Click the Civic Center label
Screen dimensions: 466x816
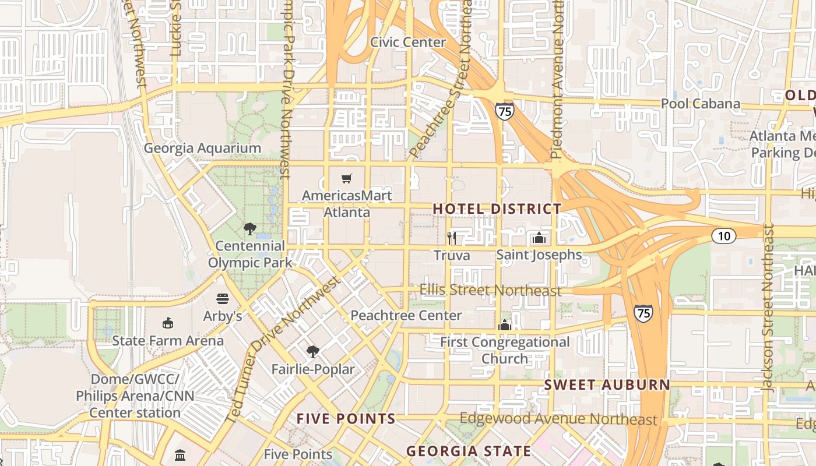pos(408,42)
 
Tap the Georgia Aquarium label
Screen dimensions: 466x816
pos(202,148)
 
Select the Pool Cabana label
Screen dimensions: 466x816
pos(700,104)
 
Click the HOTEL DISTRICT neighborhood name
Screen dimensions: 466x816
pos(497,209)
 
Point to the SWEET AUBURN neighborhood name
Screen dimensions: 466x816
pos(607,384)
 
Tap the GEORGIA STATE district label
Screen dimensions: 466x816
pos(469,451)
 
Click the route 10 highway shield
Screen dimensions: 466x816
pos(723,236)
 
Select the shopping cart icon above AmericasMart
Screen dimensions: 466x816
pos(347,178)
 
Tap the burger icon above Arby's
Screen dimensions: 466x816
pos(222,299)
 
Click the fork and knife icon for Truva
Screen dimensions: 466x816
pos(451,238)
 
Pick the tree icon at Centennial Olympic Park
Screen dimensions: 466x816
pos(250,228)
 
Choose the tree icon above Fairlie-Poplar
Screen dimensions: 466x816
pos(313,351)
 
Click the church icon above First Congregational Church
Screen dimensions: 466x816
pos(505,325)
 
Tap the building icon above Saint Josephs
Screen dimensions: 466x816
pos(539,238)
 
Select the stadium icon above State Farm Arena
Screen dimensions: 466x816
pos(168,323)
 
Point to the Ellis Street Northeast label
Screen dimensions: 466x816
pos(490,290)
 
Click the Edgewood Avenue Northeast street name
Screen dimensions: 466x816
pos(558,418)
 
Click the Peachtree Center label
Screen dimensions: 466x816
pos(406,315)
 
